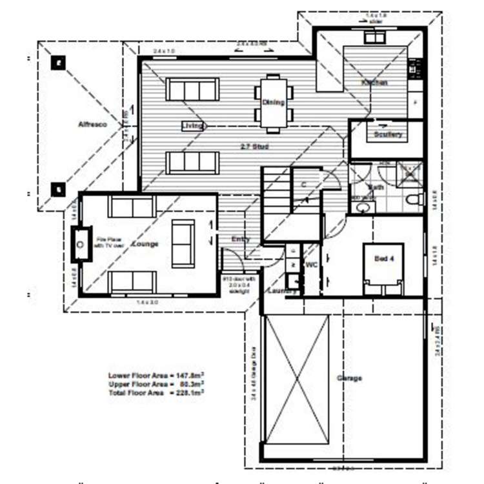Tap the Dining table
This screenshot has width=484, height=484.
274,102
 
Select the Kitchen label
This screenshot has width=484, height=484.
374,83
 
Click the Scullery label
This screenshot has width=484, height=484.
388,134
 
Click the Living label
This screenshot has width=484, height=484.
193,125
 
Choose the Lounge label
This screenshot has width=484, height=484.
145,244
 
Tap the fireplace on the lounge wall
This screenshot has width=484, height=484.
80,245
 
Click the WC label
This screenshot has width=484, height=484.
310,265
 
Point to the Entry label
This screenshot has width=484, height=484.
241,239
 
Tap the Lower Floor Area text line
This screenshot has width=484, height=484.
156,375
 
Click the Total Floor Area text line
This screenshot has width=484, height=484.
156,392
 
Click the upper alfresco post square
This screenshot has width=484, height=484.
59,63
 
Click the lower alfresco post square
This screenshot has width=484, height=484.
59,190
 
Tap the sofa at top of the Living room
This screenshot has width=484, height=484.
192,90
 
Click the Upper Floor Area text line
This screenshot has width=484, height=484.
156,383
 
